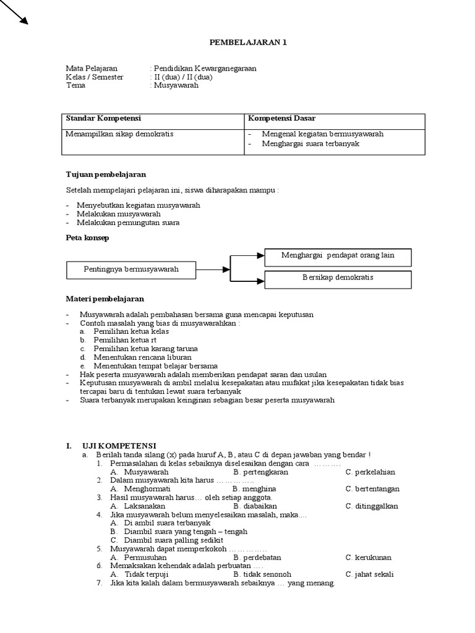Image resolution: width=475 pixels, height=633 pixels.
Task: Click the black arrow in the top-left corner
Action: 15,12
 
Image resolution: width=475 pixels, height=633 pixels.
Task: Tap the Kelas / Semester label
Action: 95,77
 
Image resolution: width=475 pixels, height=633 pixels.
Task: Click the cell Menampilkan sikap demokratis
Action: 119,134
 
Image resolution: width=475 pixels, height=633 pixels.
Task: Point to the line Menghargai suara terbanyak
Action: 310,143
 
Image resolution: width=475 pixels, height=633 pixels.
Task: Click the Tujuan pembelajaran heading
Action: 106,174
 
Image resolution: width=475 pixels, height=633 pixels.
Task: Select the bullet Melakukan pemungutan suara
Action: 128,223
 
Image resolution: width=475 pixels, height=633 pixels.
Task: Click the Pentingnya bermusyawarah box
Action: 131,269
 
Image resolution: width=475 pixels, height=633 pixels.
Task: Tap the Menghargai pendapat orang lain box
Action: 337,255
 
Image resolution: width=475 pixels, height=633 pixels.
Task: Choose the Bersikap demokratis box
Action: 337,278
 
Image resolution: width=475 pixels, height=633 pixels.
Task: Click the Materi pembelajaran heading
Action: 105,299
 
